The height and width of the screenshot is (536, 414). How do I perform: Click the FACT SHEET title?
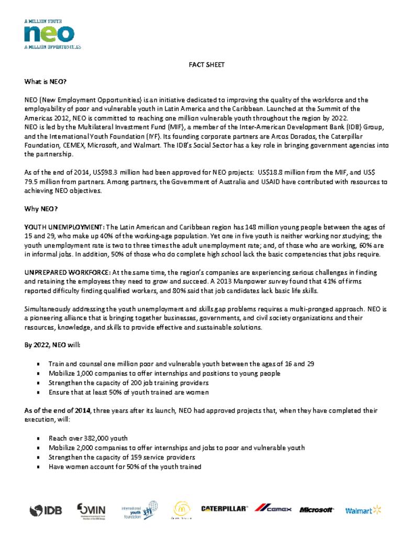point(206,65)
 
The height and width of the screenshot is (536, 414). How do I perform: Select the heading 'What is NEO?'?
point(46,82)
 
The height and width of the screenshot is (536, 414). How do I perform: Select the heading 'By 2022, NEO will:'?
point(52,345)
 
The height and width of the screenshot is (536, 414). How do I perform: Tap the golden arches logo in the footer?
point(182,509)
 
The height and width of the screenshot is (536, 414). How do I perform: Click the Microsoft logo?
point(317,510)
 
